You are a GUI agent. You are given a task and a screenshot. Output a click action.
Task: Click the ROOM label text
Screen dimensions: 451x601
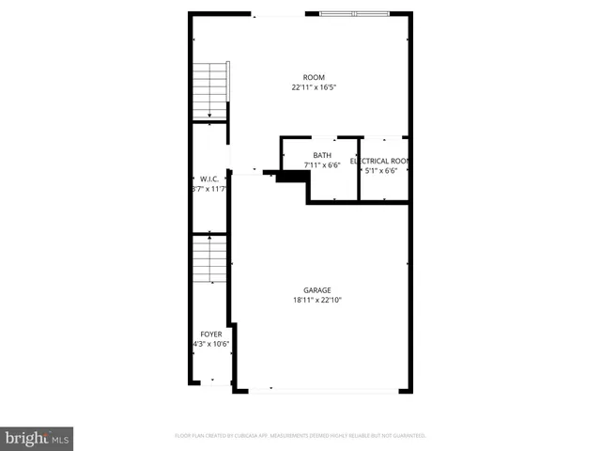point(314,77)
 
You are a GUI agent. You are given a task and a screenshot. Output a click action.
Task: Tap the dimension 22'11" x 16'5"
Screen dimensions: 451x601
point(314,87)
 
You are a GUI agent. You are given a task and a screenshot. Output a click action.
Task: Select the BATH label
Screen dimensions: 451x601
point(322,155)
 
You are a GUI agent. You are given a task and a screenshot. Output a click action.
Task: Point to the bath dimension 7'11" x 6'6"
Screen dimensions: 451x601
point(322,165)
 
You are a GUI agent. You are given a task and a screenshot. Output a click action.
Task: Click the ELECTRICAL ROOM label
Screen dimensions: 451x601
point(382,161)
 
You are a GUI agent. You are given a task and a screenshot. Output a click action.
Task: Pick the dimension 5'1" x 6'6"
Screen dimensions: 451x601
point(381,171)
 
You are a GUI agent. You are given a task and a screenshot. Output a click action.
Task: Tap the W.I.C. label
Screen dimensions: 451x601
point(208,179)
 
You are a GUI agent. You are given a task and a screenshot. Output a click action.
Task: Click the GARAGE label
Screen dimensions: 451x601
point(316,290)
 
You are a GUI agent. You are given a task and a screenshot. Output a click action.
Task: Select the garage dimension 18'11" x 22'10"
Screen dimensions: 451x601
point(316,301)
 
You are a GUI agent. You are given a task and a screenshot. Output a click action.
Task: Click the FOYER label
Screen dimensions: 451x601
point(211,334)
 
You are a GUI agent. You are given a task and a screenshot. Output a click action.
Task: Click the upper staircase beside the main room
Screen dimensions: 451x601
point(209,91)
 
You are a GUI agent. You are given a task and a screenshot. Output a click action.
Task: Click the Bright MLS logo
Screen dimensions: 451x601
point(38,438)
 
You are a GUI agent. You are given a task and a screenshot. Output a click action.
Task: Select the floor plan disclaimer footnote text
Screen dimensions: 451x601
point(300,436)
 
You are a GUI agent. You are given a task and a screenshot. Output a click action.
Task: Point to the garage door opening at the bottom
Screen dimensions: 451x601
point(321,390)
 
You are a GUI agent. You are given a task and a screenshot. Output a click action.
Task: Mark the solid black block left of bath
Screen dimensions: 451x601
point(292,177)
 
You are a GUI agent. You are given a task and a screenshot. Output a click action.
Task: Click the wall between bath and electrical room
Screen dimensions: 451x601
point(359,169)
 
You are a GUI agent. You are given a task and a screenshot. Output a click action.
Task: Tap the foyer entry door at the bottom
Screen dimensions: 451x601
point(212,382)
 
